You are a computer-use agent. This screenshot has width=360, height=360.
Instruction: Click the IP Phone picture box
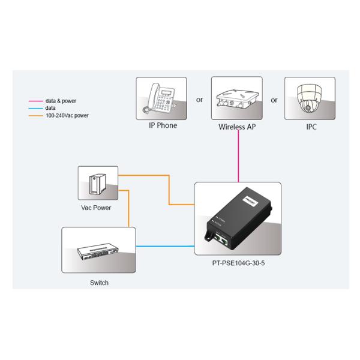pyautogui.click(x=161, y=98)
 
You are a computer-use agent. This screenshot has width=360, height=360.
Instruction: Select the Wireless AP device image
pyautogui.click(x=239, y=98)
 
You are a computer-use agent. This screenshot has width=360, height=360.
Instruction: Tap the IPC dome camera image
pyautogui.click(x=310, y=98)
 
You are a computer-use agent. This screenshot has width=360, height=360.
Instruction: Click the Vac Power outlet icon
pyautogui.click(x=98, y=183)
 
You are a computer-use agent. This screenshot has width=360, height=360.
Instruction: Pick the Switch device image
pyautogui.click(x=97, y=250)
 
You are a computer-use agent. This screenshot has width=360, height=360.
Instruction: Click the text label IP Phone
pyautogui.click(x=163, y=127)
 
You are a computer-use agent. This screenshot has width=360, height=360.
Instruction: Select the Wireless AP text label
pyautogui.click(x=239, y=128)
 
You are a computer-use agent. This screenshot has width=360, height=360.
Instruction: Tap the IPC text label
pyautogui.click(x=311, y=127)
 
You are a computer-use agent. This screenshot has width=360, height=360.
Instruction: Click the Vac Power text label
pyautogui.click(x=96, y=208)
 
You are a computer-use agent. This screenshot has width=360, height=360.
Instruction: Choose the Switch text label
pyautogui.click(x=100, y=283)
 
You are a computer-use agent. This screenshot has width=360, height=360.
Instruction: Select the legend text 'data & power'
pyautogui.click(x=61, y=101)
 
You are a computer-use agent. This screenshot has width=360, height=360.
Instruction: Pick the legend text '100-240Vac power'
pyautogui.click(x=67, y=115)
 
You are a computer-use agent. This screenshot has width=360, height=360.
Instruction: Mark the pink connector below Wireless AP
pyautogui.click(x=239, y=156)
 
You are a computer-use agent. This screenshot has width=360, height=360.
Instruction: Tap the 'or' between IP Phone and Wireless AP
pyautogui.click(x=200, y=100)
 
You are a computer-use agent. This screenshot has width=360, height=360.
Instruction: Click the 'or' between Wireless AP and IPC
pyautogui.click(x=274, y=100)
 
